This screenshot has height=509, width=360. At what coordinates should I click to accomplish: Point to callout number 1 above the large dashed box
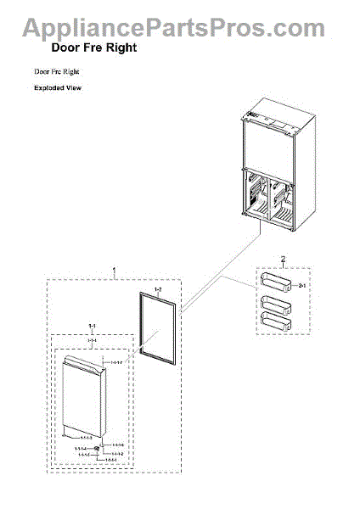[114, 271]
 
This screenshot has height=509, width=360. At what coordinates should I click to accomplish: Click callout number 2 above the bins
[283, 257]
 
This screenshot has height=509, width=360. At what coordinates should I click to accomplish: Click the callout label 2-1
[301, 287]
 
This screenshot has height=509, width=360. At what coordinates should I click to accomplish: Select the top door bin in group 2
[277, 282]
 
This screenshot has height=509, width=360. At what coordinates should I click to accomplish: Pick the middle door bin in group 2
[277, 303]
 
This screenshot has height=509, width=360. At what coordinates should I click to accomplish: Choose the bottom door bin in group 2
[277, 320]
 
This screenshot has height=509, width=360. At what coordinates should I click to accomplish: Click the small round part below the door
[99, 450]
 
